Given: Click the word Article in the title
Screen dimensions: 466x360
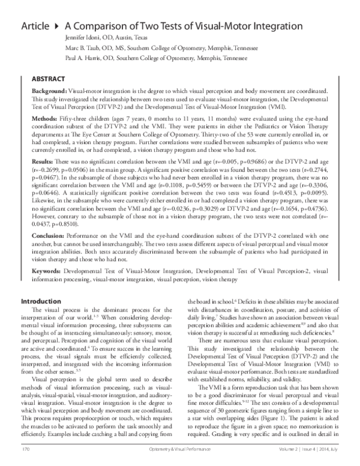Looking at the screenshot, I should [35, 26].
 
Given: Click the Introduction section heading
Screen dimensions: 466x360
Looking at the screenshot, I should [41, 300].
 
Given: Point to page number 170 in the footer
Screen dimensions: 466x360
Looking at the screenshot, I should [25, 449].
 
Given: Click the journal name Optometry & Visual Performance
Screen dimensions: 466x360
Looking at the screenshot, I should [179, 449].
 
